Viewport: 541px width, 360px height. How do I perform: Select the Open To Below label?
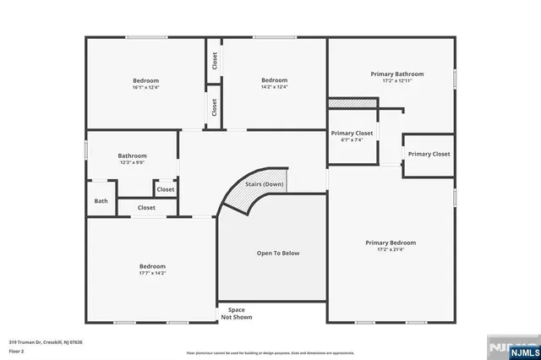278,253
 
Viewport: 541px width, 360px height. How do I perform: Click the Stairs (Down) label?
264,184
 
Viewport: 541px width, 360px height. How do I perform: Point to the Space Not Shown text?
232,314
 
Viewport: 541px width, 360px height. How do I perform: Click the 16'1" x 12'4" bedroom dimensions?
145,86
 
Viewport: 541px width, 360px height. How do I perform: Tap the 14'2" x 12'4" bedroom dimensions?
274,86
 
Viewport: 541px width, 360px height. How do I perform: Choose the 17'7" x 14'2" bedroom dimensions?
152,273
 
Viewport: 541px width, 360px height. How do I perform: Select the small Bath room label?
101,201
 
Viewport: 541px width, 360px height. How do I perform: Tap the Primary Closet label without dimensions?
429,154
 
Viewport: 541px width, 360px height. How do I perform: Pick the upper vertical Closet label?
215,62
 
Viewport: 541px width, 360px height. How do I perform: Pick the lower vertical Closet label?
215,108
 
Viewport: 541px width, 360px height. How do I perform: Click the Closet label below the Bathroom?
146,207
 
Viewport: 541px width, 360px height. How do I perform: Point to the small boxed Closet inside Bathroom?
165,189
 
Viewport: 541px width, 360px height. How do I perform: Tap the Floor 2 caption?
17,351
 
